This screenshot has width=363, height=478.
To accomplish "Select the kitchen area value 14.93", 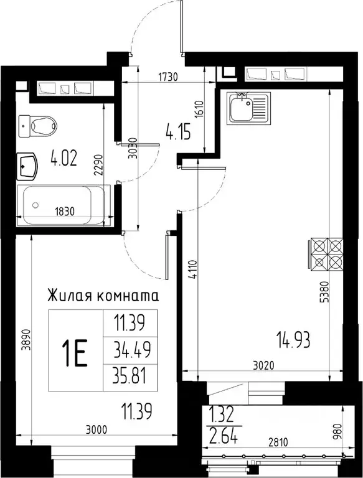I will click(x=293, y=340).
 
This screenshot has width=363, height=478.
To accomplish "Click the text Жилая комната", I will click(x=103, y=295).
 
